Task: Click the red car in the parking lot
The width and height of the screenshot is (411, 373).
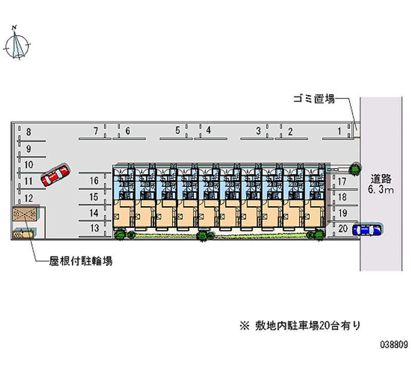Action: click(55, 175)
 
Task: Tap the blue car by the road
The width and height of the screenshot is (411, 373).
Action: click(367, 229)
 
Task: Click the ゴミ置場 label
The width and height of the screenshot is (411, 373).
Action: click(314, 99)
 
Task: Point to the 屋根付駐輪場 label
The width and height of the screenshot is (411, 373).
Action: click(81, 261)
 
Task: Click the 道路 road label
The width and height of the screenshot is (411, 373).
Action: click(381, 179)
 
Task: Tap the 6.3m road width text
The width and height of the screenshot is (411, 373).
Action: click(381, 189)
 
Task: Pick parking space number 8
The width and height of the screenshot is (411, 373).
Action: click(29, 132)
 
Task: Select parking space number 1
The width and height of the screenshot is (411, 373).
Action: click(339, 131)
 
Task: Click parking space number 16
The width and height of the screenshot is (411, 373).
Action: click(94, 181)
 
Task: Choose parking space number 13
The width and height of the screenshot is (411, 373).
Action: click(95, 228)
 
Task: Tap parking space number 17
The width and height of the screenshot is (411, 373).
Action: click(342, 182)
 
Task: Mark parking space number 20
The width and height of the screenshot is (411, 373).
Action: click(343, 228)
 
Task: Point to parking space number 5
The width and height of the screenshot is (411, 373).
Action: click(178, 130)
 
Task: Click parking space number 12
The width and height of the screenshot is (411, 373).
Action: click(29, 198)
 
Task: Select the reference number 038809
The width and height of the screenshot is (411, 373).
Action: click(394, 344)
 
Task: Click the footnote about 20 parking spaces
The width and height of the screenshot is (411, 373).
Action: click(300, 326)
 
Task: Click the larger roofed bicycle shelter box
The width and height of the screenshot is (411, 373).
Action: click(25, 214)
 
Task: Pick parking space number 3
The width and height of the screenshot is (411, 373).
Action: click(258, 131)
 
